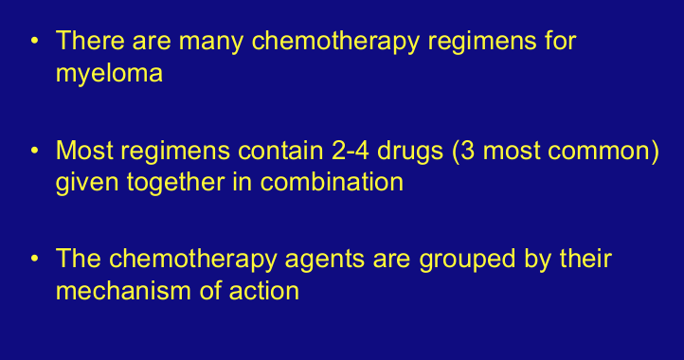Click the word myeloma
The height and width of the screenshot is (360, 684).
point(109,74)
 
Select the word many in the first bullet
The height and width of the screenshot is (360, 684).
point(211,43)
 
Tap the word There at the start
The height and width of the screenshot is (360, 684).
point(90,40)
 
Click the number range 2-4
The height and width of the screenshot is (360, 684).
point(350,151)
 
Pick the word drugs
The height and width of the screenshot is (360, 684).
point(410,153)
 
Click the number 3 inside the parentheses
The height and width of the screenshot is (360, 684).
point(468,151)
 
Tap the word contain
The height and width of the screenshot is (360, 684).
point(280,151)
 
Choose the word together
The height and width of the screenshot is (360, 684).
point(175,183)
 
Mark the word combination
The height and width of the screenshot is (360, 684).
point(332,182)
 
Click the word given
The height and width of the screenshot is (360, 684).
point(87,183)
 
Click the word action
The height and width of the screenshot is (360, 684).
point(264,291)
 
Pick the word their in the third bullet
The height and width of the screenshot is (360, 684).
point(585,259)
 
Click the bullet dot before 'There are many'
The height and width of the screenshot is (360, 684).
point(35,41)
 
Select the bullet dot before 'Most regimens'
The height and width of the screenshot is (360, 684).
point(35,151)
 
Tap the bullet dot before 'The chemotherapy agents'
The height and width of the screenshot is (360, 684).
point(35,259)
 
